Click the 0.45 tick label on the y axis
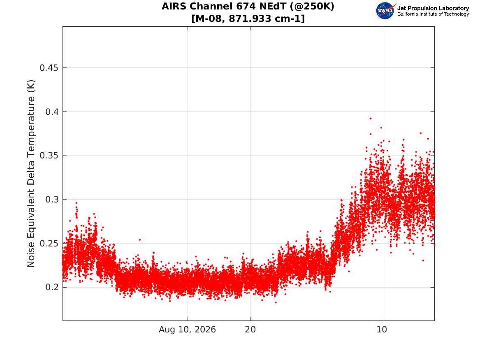[49, 67]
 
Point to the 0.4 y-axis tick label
[52, 112]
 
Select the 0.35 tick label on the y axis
[49, 156]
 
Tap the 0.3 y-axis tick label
[52, 199]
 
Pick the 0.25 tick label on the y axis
[49, 244]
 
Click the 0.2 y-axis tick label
[52, 287]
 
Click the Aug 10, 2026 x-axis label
[187, 330]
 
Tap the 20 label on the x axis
[250, 330]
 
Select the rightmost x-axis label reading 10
[382, 330]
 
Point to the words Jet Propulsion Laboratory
[433, 8]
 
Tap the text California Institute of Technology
[433, 14]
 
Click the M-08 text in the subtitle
[209, 19]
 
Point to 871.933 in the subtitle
[250, 19]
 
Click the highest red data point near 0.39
[371, 118]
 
